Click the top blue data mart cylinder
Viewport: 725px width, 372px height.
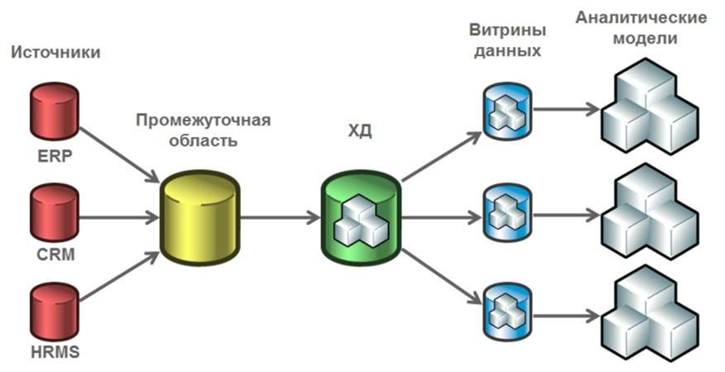(504, 113)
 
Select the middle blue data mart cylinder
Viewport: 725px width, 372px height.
(504, 213)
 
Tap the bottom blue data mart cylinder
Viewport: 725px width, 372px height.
(504, 311)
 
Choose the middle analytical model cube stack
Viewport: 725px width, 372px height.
(649, 213)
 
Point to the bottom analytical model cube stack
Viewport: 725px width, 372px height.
(649, 312)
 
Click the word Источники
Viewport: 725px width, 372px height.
(55, 53)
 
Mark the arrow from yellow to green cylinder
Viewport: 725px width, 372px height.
(280, 218)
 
